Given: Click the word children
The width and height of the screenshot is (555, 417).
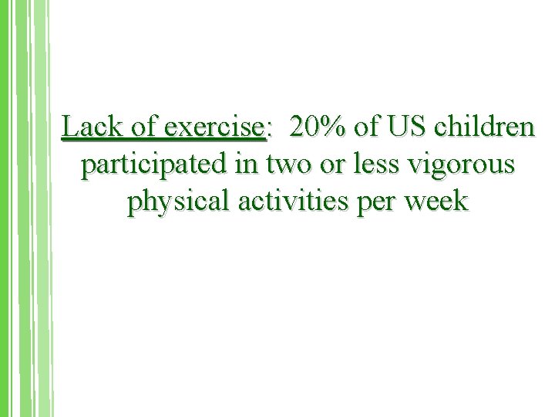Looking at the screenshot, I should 484,126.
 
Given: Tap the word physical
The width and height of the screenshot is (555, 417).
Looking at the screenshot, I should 173,202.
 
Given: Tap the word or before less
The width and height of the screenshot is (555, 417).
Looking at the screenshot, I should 337,165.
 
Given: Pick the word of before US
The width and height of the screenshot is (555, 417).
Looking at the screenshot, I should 369,126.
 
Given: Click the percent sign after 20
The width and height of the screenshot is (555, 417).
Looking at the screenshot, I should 334,126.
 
